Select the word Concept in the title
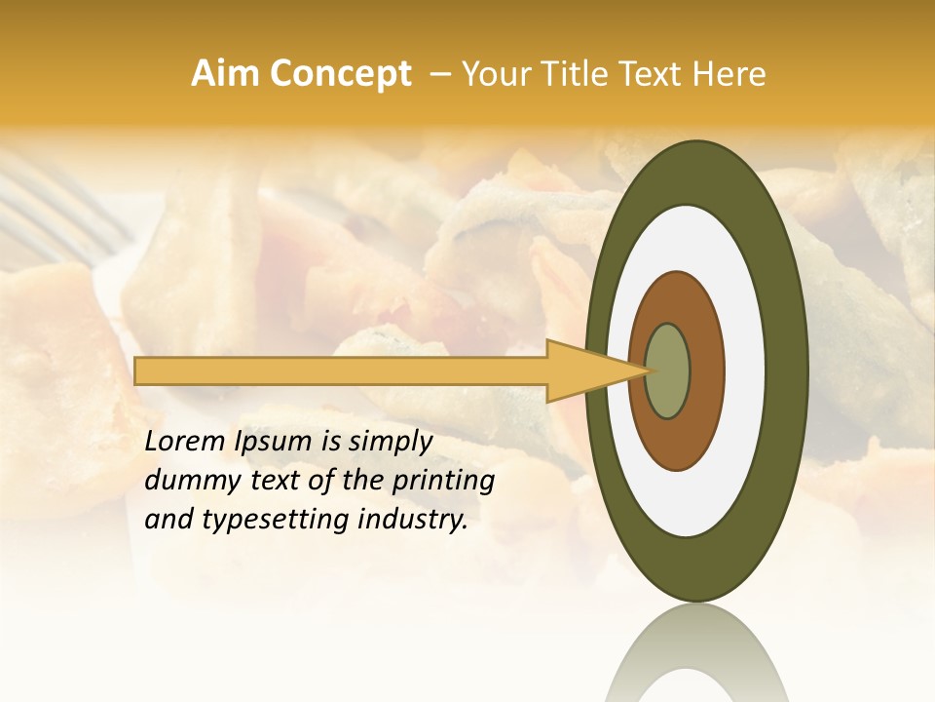(x=341, y=74)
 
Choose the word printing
(x=443, y=482)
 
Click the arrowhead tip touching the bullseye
(x=648, y=370)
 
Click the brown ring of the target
(x=706, y=370)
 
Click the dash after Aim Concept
(x=440, y=74)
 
